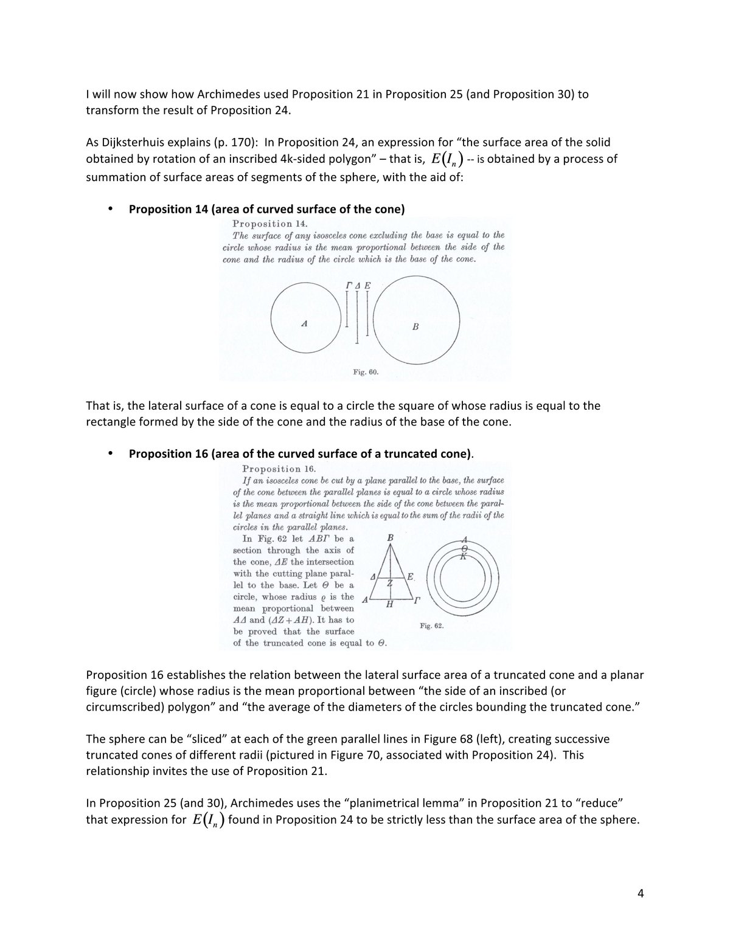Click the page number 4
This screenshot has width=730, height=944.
click(x=640, y=894)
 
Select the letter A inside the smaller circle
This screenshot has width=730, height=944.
click(x=304, y=325)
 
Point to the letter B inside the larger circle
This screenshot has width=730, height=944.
click(x=415, y=326)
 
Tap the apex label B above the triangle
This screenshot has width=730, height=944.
click(x=390, y=538)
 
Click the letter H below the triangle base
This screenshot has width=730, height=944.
click(x=389, y=605)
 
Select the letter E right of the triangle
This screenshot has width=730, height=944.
click(x=411, y=576)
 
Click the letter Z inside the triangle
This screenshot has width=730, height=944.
click(x=390, y=584)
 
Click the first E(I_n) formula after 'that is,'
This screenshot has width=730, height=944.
click(x=447, y=160)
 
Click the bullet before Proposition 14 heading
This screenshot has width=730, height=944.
click(x=110, y=209)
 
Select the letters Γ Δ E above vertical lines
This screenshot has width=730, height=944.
click(x=358, y=285)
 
